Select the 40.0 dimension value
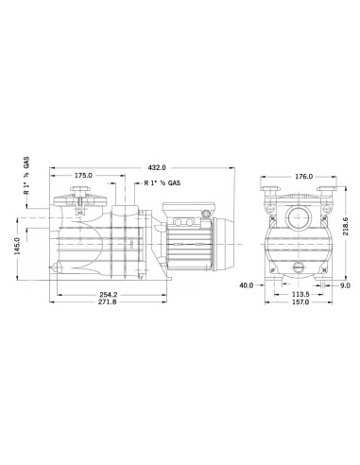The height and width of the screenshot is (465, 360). [x=246, y=284]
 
